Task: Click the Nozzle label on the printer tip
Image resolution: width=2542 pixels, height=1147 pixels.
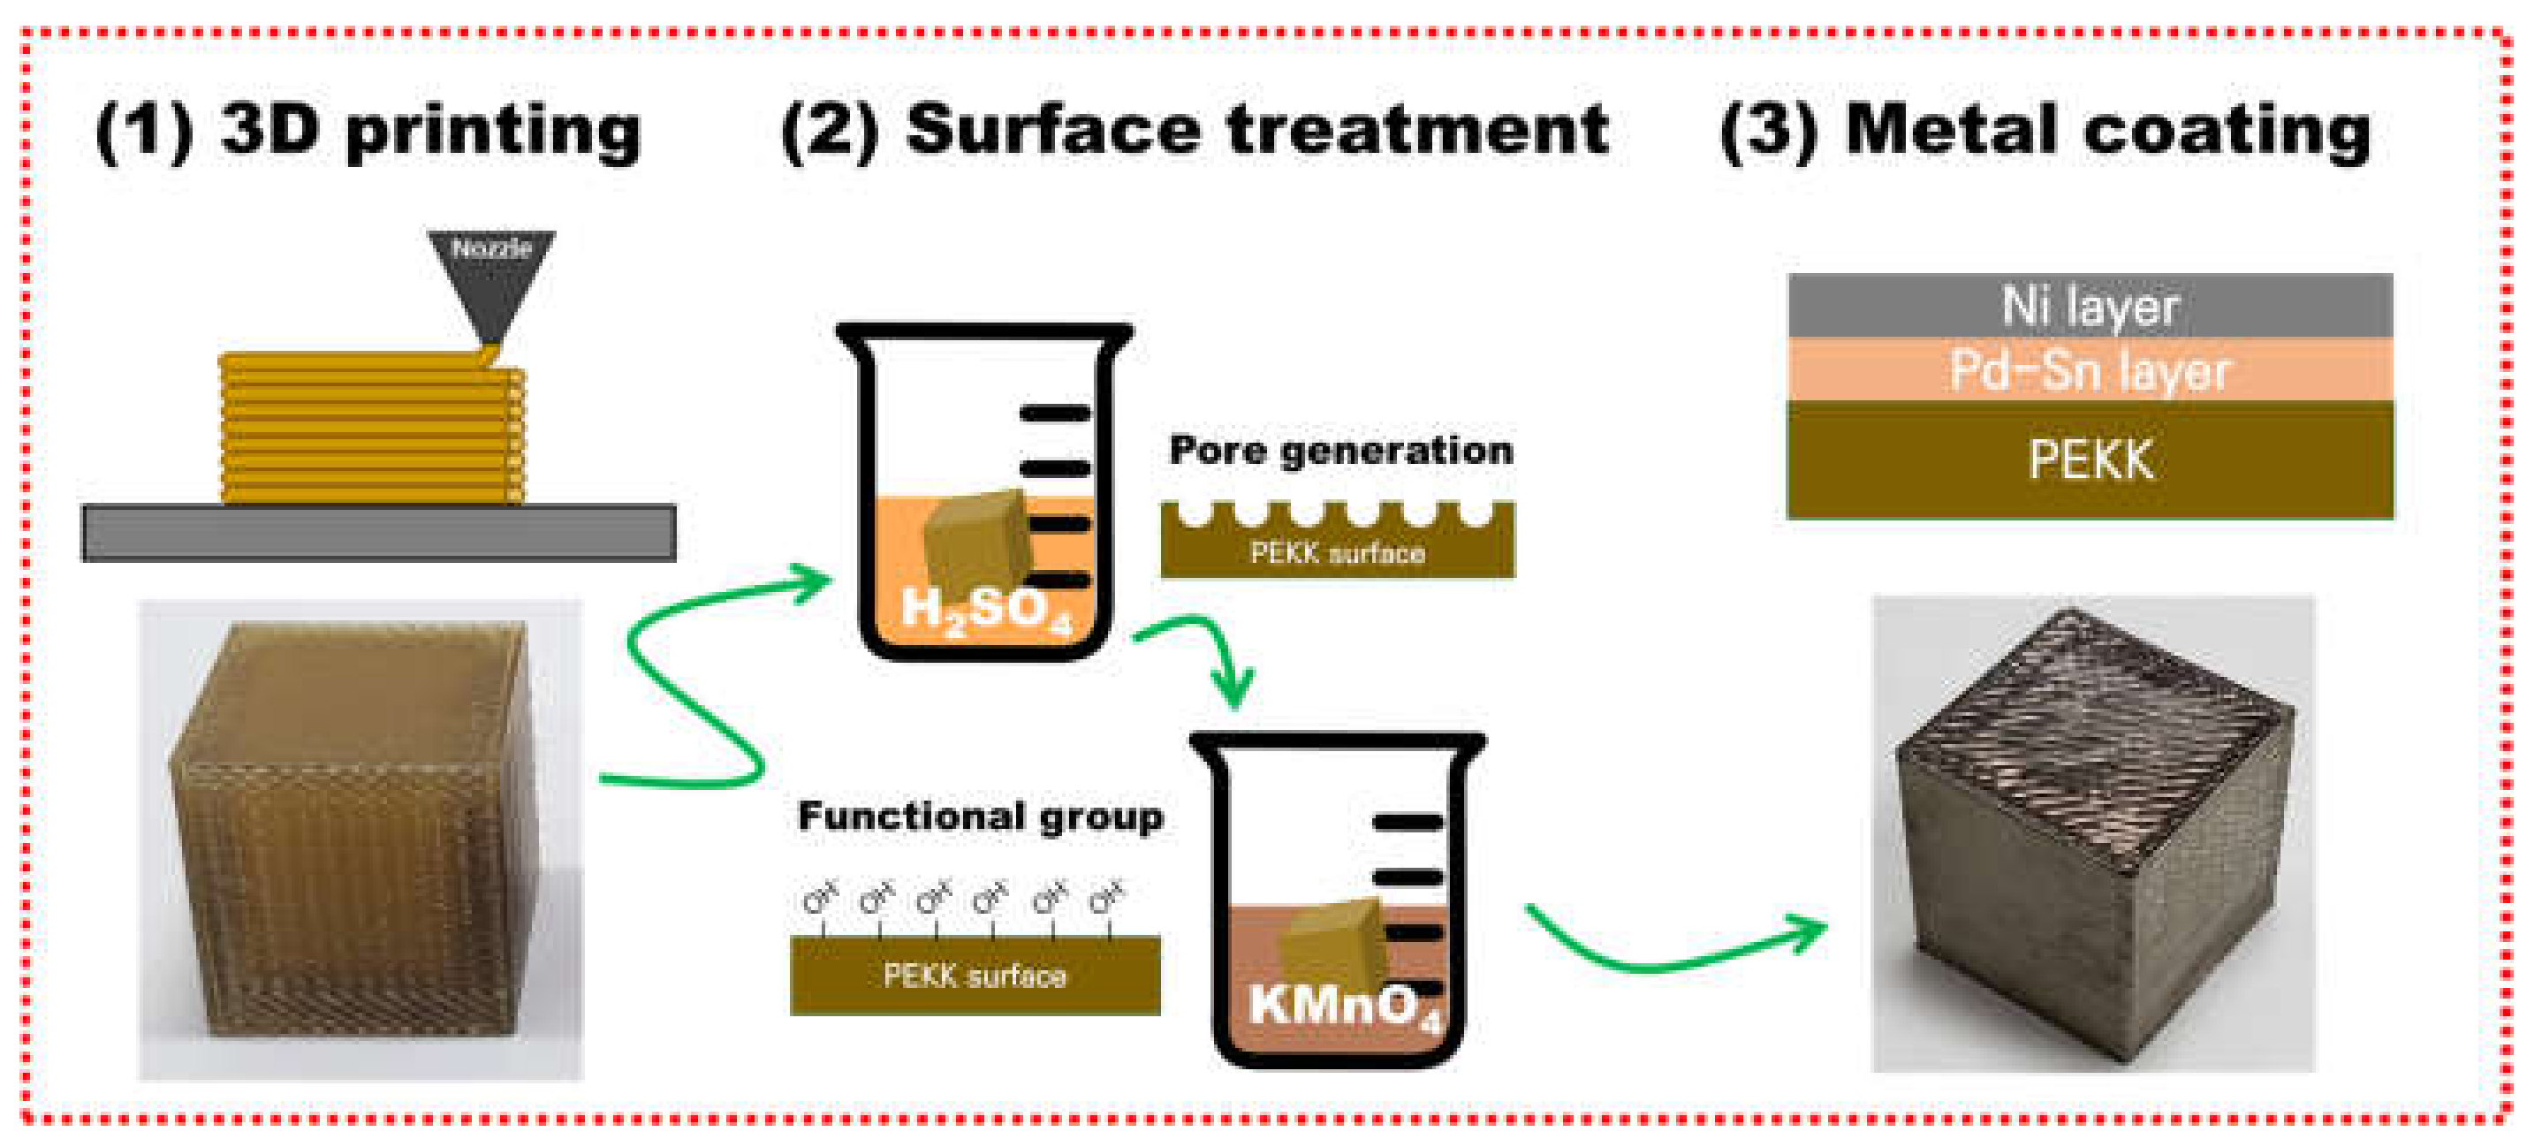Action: click(490, 247)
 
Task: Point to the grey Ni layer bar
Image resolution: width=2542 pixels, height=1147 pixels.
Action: click(2089, 305)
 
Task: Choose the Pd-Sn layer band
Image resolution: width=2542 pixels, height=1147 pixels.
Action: click(2089, 370)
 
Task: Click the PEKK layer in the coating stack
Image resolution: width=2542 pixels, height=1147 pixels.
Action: click(2089, 459)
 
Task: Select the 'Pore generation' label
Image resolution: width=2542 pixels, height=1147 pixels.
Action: click(1340, 450)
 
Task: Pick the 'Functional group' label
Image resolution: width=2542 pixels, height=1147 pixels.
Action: click(980, 817)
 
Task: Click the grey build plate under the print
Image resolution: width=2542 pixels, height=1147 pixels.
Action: click(378, 532)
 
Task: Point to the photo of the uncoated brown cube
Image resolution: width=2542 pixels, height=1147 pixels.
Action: click(360, 839)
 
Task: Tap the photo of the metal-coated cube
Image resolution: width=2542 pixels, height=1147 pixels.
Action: click(2092, 834)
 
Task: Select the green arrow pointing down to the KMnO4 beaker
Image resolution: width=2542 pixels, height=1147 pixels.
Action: click(1209, 651)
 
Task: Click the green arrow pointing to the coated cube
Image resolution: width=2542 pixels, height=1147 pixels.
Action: click(1678, 947)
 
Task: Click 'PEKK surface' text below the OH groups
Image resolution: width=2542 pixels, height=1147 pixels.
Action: click(974, 976)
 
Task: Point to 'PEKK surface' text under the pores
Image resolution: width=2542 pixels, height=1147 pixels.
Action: click(1337, 553)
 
